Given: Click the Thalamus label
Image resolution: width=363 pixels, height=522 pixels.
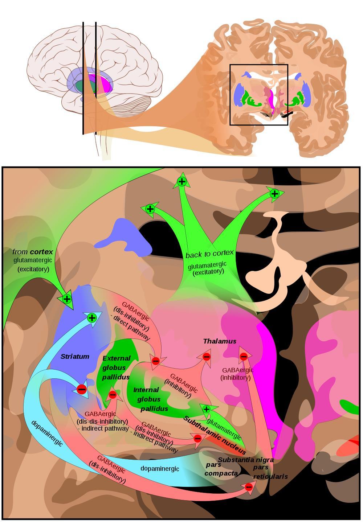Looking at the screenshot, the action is click(220, 341).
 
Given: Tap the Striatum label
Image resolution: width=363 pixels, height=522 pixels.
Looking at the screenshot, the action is click(75, 357).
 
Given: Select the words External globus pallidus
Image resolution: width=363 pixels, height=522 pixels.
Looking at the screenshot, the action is click(116, 367).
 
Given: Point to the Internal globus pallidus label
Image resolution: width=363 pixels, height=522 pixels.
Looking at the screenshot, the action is click(150, 399).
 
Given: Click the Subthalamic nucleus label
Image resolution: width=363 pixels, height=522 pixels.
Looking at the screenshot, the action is click(215, 435).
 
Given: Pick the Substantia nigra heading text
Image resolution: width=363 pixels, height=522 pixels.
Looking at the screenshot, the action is click(246, 460).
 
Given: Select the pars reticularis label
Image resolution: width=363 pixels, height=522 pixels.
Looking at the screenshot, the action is click(270, 472).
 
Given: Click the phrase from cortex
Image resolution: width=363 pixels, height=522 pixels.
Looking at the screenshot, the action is click(33, 252).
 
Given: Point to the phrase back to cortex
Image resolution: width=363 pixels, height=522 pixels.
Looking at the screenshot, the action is click(209, 254).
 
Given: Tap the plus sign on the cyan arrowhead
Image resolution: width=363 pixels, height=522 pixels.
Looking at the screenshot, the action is click(92, 317).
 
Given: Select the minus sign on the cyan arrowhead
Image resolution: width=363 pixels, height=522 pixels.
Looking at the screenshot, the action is click(82, 389).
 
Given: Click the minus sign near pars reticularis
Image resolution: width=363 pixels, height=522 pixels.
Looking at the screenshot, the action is click(249, 487).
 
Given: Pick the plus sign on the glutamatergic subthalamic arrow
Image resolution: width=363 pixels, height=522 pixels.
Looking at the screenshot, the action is click(206, 409).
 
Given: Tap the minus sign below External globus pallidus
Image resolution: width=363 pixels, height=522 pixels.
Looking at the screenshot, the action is click(113, 395).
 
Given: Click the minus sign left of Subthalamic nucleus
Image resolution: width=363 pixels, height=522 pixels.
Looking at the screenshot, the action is click(197, 438).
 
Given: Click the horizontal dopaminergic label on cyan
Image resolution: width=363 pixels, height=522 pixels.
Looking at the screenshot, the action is click(160, 468).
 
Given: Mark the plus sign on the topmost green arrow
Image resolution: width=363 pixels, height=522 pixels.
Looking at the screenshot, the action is click(181, 181).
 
